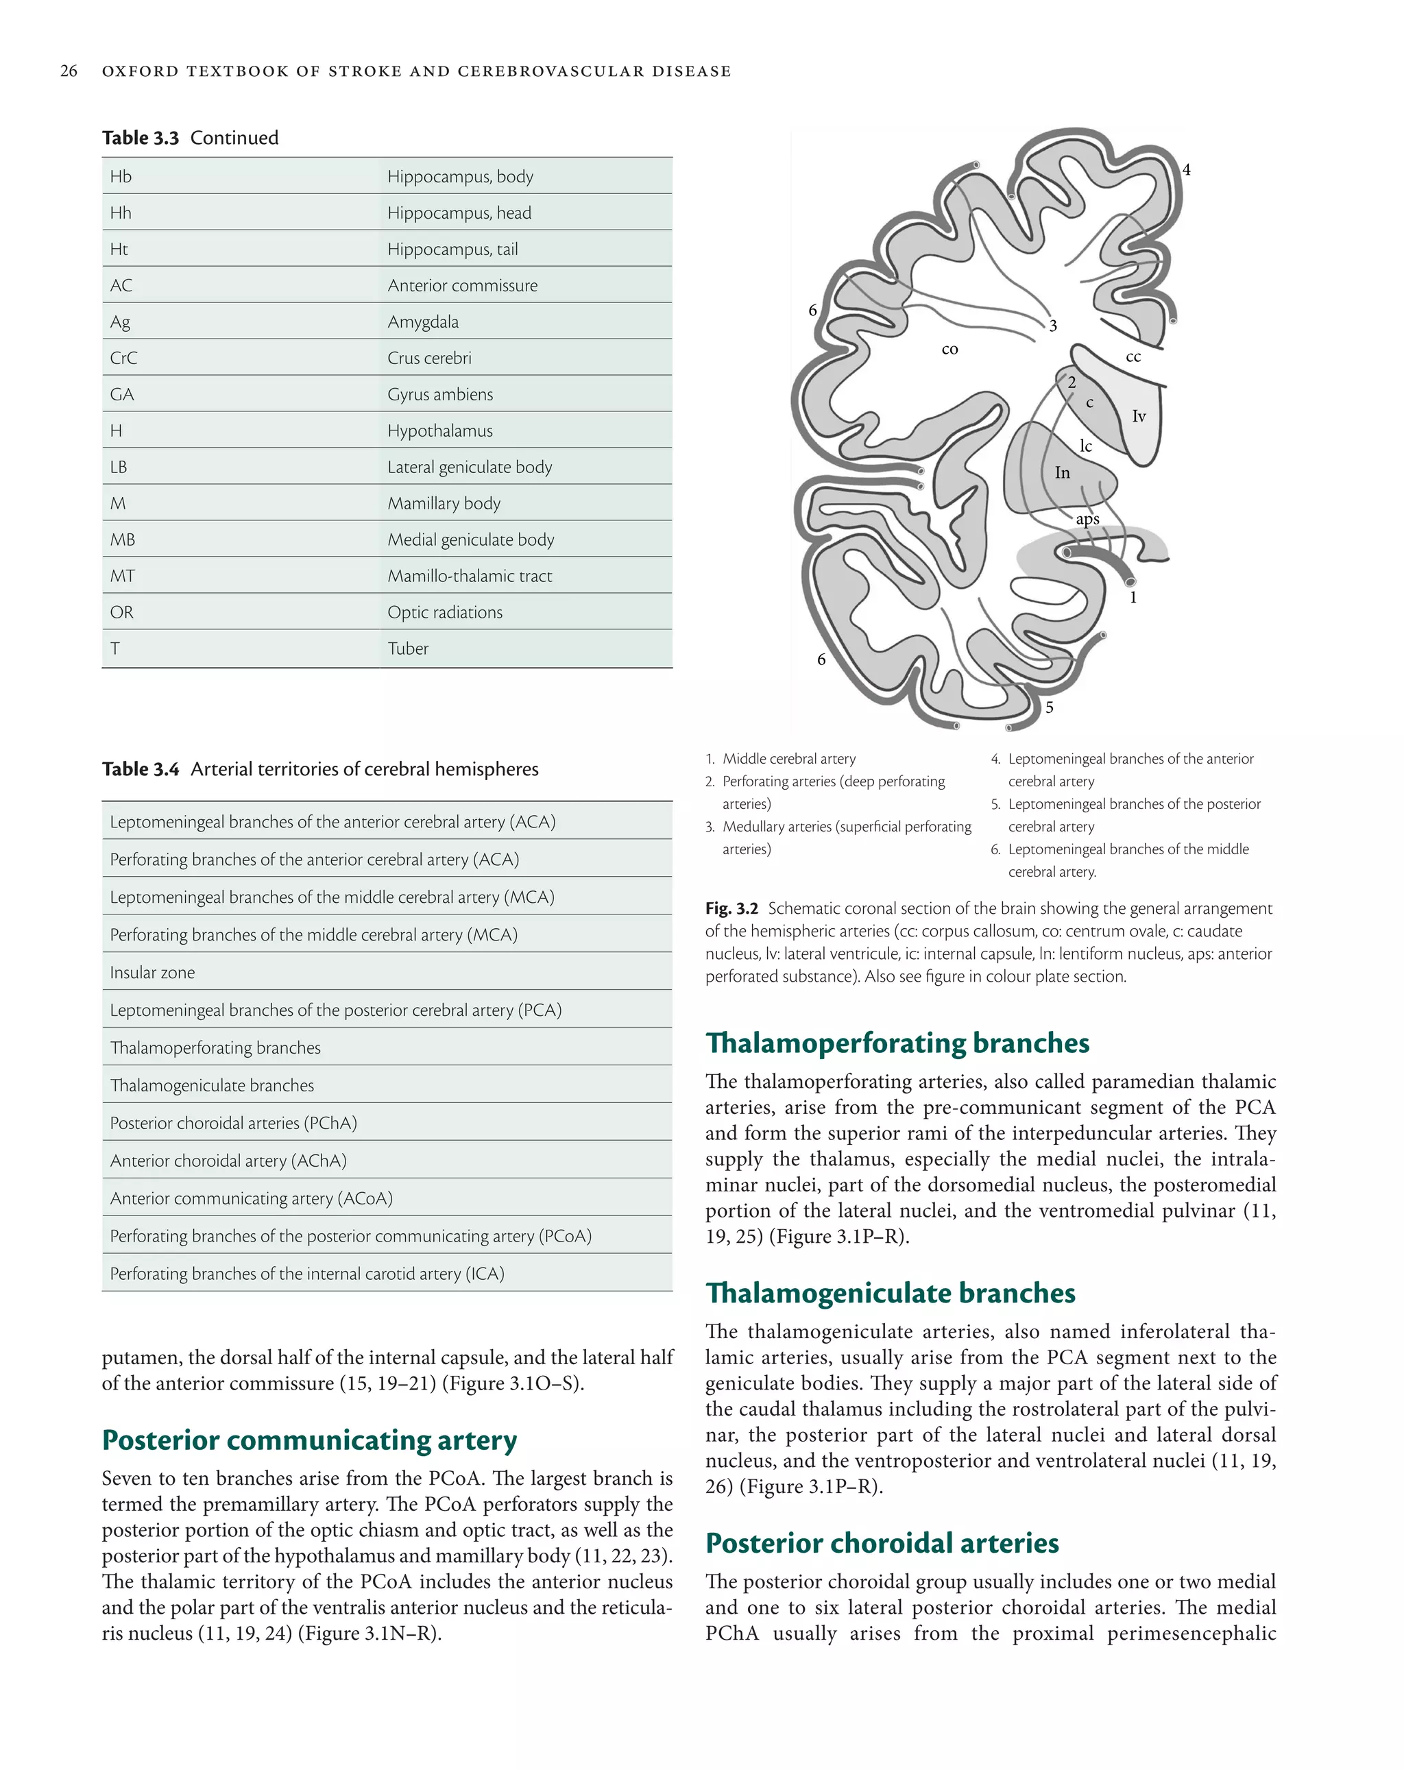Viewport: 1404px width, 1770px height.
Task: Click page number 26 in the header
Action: click(69, 71)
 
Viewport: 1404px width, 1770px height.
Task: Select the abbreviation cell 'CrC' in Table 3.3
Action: click(124, 358)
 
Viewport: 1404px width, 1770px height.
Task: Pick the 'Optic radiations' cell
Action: click(444, 612)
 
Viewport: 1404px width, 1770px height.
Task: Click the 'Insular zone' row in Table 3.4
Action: click(153, 973)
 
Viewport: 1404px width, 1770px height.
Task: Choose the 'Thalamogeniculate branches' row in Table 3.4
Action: click(212, 1085)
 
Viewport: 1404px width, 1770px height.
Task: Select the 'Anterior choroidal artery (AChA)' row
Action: click(228, 1161)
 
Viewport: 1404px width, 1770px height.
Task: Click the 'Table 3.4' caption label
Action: click(141, 769)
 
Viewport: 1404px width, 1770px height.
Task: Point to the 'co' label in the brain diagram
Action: click(949, 350)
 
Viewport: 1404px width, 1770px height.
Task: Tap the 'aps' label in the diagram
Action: click(1087, 520)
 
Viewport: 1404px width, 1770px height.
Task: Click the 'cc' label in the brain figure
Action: click(1133, 357)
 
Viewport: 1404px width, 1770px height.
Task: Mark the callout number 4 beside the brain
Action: click(1185, 170)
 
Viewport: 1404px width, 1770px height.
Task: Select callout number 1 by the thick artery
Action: click(1133, 598)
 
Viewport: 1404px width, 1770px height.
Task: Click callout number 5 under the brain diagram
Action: click(1048, 707)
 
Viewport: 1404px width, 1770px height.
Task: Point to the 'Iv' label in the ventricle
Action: click(1139, 417)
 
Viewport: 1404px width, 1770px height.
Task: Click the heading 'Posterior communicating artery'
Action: click(310, 1440)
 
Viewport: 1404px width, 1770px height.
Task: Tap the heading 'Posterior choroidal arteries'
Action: click(882, 1542)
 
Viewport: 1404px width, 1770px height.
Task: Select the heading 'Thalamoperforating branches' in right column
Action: click(897, 1043)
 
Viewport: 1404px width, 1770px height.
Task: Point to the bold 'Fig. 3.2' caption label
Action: click(731, 909)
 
